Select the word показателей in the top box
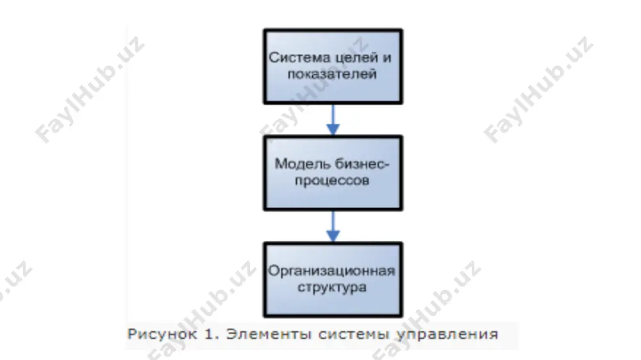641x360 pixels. [x=332, y=74]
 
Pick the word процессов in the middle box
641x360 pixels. [x=332, y=181]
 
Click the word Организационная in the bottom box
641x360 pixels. [x=331, y=271]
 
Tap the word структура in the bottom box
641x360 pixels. [x=332, y=287]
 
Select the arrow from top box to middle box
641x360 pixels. [x=333, y=120]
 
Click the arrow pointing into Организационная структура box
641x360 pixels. [x=333, y=226]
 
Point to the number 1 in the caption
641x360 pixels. [x=209, y=334]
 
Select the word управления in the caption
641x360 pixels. [x=447, y=334]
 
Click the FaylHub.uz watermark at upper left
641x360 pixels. [x=89, y=90]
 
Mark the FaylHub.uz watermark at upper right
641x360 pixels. [x=538, y=90]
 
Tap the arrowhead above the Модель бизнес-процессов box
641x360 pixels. [x=333, y=129]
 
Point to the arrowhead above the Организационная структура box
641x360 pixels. [x=333, y=236]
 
